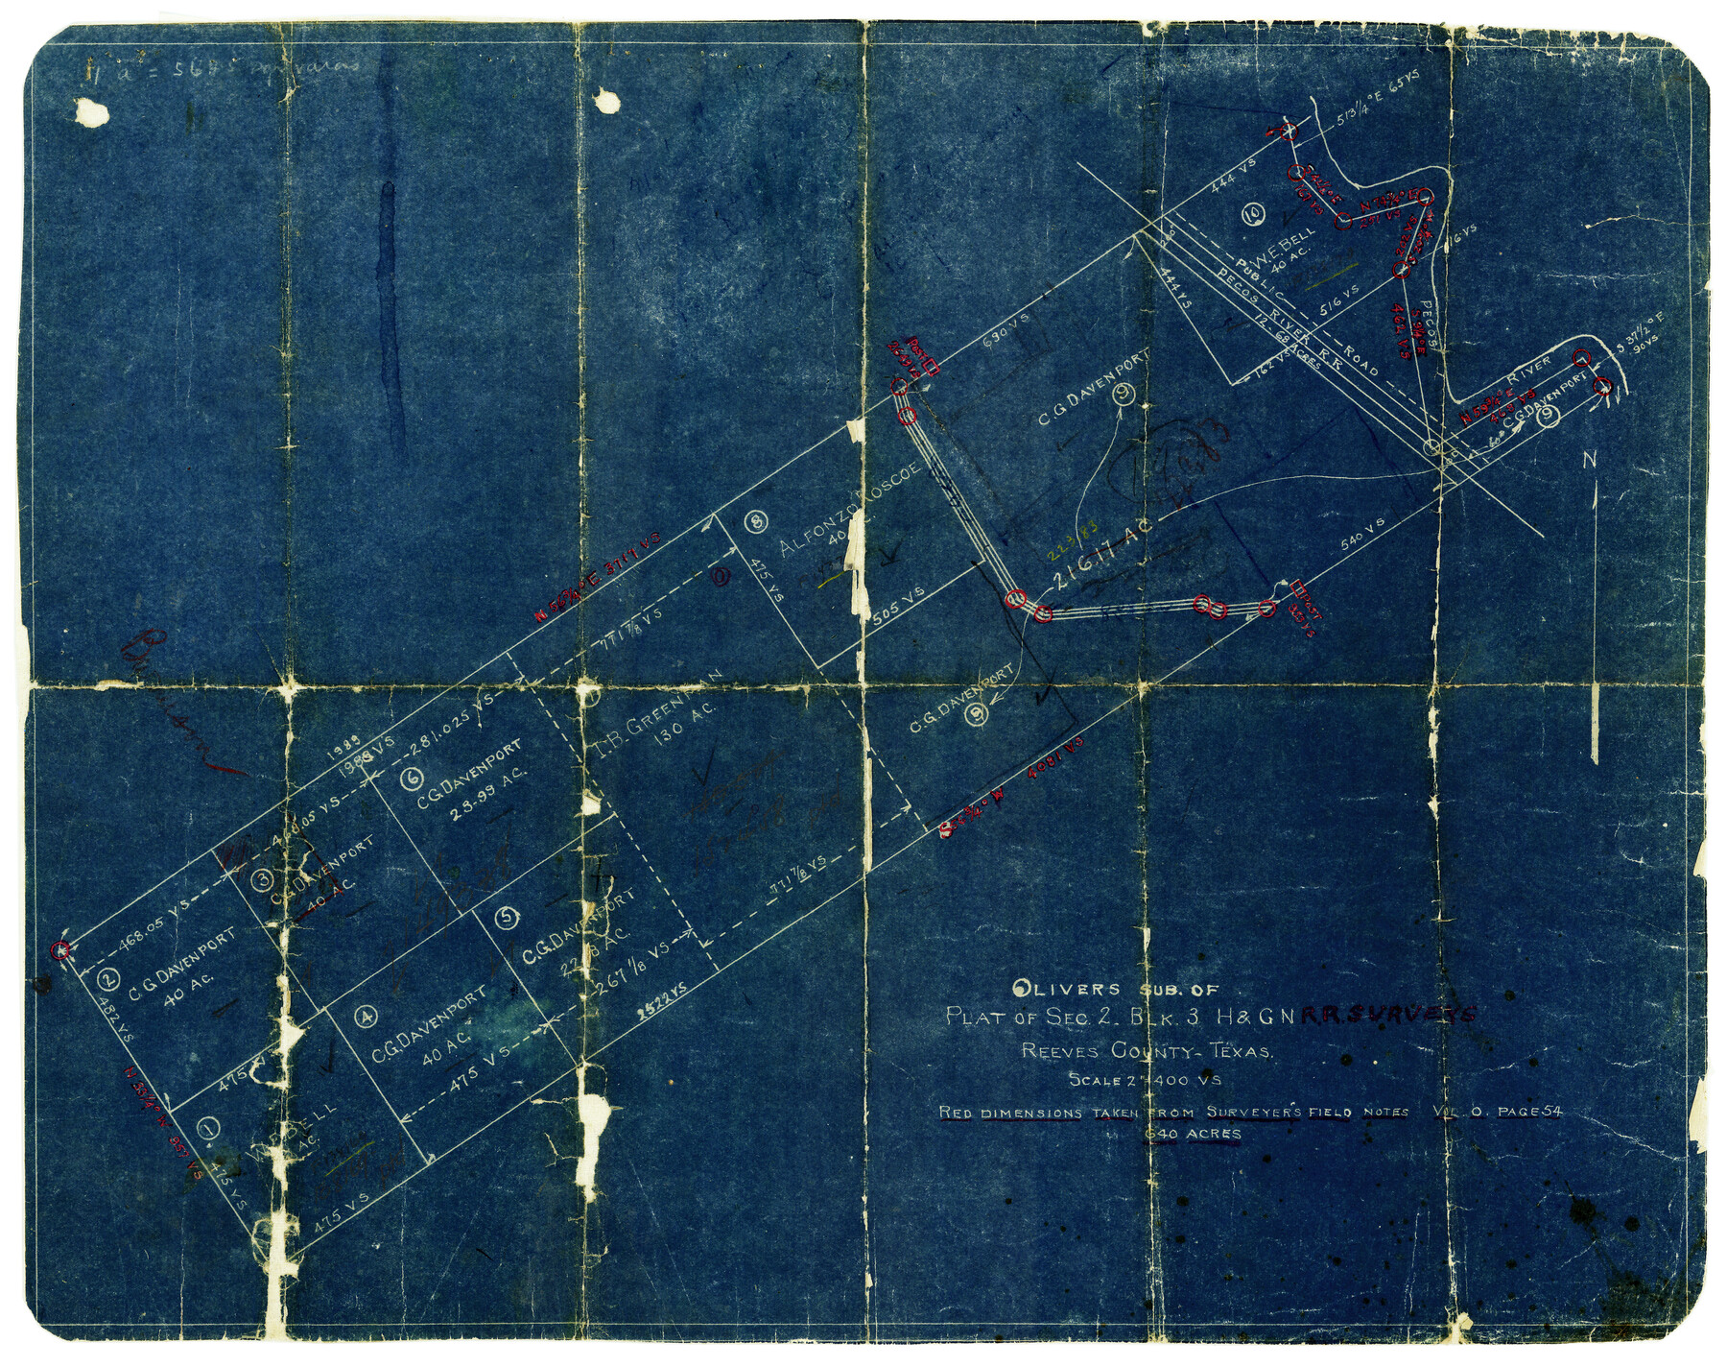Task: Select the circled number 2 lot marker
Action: pos(108,979)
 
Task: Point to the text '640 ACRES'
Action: pos(1193,1134)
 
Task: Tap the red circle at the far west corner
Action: pos(62,950)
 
